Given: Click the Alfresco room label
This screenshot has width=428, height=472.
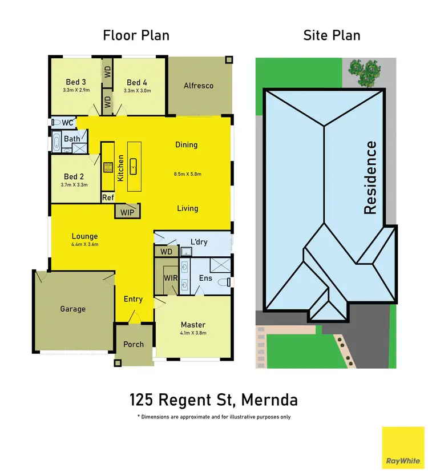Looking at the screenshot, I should point(198,86).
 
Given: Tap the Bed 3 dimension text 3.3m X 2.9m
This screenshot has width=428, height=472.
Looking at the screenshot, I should point(75,90).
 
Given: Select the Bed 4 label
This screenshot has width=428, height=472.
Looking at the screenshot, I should point(137,82).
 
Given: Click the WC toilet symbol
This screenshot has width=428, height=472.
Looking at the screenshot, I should point(56,123).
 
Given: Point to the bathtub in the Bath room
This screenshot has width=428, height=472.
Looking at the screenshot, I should point(56,142).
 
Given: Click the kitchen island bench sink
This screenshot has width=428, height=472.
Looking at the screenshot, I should point(135,167).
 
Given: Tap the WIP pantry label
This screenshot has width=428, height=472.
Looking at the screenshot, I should point(127,212).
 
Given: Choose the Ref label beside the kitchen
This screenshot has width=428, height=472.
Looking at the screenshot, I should point(108,197).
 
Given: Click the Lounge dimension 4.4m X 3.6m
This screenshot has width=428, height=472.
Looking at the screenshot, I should point(84,244).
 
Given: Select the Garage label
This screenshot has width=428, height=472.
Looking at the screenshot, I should point(72,309).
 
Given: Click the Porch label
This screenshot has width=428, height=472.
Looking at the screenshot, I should point(134,344).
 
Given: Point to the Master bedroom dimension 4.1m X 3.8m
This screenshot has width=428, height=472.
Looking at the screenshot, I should point(193,333).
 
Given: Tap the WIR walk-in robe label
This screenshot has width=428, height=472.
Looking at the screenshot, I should point(171,277).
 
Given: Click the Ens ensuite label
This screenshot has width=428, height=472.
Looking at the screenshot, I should point(205,279).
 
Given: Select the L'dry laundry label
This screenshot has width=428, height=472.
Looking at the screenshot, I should point(199,242).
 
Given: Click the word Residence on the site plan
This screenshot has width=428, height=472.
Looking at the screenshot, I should point(370,177).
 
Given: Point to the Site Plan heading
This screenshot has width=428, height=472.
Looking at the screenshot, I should point(332,35).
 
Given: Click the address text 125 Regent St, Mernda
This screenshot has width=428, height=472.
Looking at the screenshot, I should point(213,399).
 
